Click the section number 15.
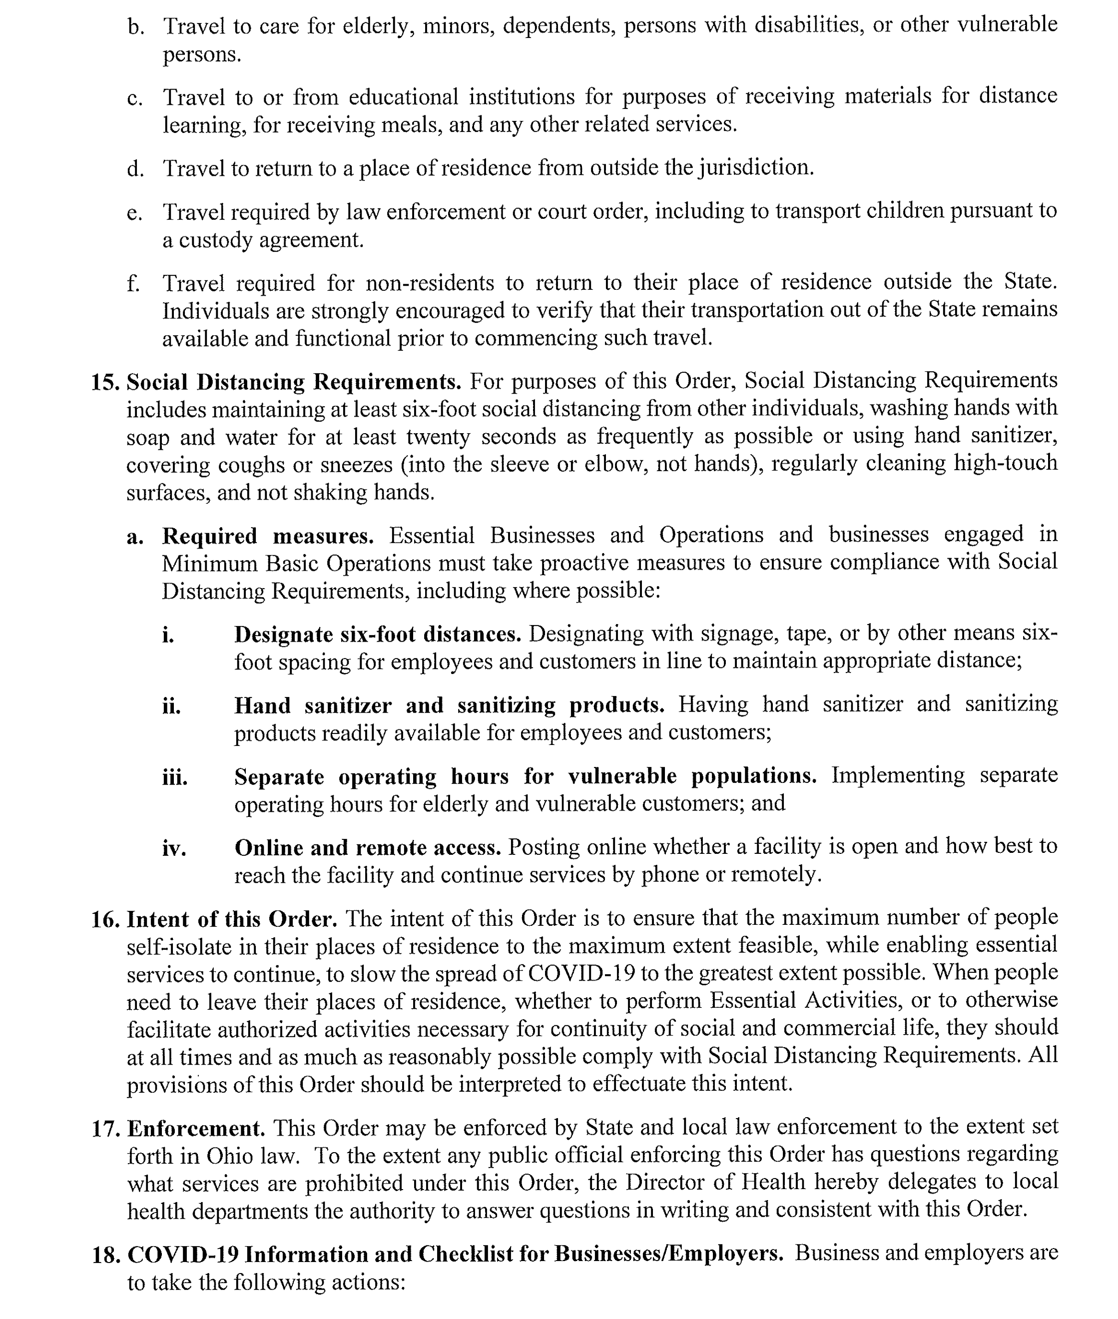click(105, 383)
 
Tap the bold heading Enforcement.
click(196, 1129)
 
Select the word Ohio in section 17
click(231, 1157)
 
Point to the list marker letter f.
click(132, 283)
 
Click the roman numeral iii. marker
click(175, 777)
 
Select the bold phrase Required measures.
click(267, 536)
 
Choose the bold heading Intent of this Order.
click(231, 920)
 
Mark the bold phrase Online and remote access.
click(368, 848)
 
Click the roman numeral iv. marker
click(174, 848)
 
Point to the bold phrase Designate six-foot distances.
click(377, 635)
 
